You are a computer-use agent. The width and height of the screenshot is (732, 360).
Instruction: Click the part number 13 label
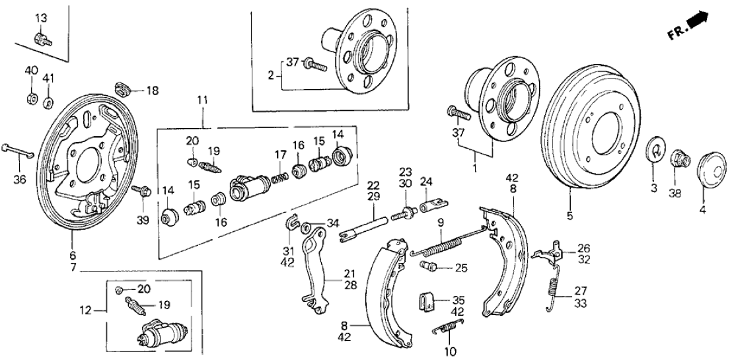coord(41,17)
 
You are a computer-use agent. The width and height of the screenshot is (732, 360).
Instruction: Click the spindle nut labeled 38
coord(678,159)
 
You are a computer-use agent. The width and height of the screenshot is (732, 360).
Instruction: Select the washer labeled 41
coord(48,102)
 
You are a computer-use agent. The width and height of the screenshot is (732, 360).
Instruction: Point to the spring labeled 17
coord(280,177)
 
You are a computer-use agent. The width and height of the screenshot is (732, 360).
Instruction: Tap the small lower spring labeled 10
coord(449,328)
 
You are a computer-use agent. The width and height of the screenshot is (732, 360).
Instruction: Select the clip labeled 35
coord(425,303)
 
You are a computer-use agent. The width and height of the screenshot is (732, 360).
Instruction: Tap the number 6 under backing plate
coord(73,256)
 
